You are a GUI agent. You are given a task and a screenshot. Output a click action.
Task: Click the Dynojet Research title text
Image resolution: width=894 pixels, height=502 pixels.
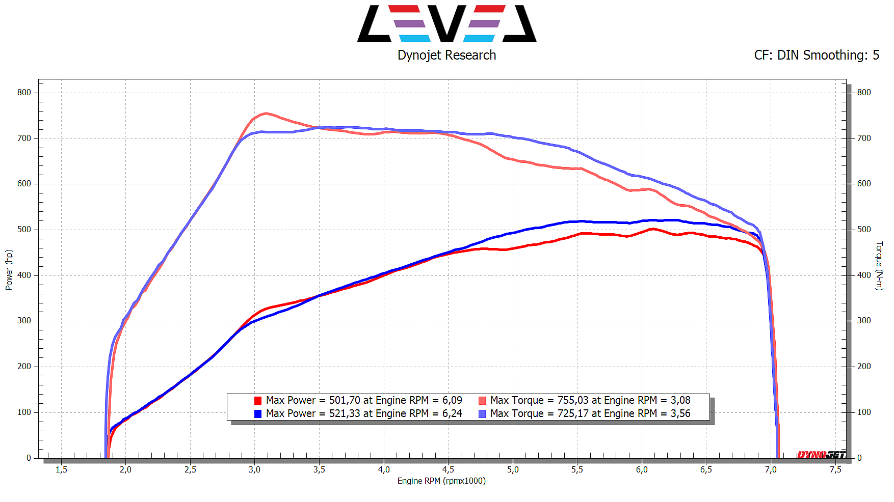[x=446, y=55]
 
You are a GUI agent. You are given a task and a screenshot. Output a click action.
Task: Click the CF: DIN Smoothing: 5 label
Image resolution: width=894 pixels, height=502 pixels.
[x=817, y=55]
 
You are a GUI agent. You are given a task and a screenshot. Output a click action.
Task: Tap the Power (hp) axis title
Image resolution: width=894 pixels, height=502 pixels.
[x=9, y=270]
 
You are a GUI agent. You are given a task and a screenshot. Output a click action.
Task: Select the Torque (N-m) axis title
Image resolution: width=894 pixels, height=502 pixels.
[x=879, y=266]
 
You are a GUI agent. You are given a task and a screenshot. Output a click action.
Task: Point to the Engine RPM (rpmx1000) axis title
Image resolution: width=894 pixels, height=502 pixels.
[x=441, y=481]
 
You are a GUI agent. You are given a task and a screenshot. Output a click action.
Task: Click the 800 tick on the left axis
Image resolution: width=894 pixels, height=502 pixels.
[x=24, y=93]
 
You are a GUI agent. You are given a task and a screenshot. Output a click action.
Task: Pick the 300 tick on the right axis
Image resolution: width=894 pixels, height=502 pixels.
[x=864, y=321]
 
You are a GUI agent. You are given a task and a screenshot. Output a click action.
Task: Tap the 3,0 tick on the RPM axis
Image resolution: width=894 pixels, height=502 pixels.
[x=254, y=469]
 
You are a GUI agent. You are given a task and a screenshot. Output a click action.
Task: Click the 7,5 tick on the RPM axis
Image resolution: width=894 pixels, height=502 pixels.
[x=835, y=469]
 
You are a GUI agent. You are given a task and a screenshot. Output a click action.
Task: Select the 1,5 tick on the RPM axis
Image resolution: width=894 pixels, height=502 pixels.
[x=61, y=469]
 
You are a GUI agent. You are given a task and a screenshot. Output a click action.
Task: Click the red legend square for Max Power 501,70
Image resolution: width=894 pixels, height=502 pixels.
[x=258, y=401]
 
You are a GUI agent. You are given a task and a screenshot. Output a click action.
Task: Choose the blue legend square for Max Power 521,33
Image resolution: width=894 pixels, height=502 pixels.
[x=258, y=414]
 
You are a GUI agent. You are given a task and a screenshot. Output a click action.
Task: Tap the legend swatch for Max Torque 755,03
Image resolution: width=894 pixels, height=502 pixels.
[x=482, y=401]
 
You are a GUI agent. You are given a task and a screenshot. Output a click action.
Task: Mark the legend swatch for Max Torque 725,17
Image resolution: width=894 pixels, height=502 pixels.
[x=482, y=414]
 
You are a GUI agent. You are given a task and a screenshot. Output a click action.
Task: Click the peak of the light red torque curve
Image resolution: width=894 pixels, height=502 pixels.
[x=265, y=114]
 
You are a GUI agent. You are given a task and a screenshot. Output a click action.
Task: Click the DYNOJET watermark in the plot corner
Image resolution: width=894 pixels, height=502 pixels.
[x=821, y=454]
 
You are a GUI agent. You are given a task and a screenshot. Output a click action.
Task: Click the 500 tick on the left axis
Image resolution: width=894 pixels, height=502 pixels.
[x=24, y=230]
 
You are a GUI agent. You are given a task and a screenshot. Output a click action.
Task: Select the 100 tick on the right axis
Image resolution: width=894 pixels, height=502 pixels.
[x=864, y=412]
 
